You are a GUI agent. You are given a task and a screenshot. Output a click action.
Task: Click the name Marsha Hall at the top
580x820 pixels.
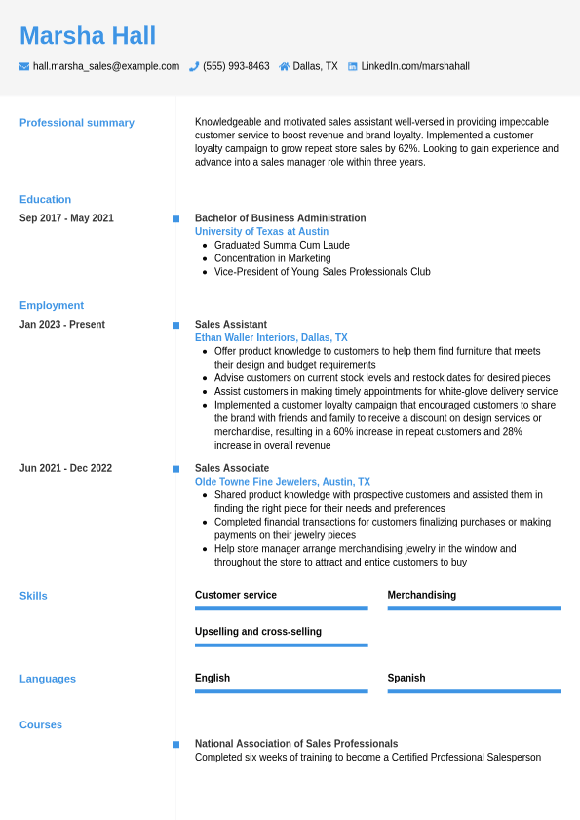[88, 36]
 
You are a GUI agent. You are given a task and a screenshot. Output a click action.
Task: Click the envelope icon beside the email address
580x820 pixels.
[24, 66]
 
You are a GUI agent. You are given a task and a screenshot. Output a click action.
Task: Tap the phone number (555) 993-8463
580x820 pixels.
[236, 66]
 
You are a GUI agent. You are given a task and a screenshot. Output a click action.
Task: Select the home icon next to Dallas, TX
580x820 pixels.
[284, 66]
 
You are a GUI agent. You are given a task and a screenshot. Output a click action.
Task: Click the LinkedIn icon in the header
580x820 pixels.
[353, 66]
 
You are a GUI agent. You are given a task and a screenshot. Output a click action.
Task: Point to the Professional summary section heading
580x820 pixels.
[77, 123]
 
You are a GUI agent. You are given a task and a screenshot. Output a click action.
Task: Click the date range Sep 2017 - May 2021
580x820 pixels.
[66, 218]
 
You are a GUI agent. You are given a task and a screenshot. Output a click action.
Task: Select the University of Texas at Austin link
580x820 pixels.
[261, 232]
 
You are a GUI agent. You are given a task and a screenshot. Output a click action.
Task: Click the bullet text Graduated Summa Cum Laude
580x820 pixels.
[282, 246]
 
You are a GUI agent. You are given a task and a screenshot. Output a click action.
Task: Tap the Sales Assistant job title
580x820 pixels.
[231, 325]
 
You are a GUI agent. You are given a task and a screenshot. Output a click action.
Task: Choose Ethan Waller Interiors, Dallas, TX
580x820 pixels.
[271, 338]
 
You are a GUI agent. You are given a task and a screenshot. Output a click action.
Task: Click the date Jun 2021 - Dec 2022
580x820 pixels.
[65, 468]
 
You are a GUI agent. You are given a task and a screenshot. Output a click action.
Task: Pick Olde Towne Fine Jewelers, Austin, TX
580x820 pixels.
[283, 482]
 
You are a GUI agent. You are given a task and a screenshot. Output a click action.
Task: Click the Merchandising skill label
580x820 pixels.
[421, 595]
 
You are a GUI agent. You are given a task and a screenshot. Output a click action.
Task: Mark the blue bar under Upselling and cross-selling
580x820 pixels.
[281, 644]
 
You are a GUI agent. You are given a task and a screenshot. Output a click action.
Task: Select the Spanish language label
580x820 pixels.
[406, 678]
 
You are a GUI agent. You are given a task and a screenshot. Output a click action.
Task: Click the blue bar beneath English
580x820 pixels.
[281, 691]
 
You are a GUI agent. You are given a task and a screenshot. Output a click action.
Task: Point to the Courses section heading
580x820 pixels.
[41, 725]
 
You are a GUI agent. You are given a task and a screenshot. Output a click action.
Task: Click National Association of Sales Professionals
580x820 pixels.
[296, 744]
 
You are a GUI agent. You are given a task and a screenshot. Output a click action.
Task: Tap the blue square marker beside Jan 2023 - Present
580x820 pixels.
[175, 325]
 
